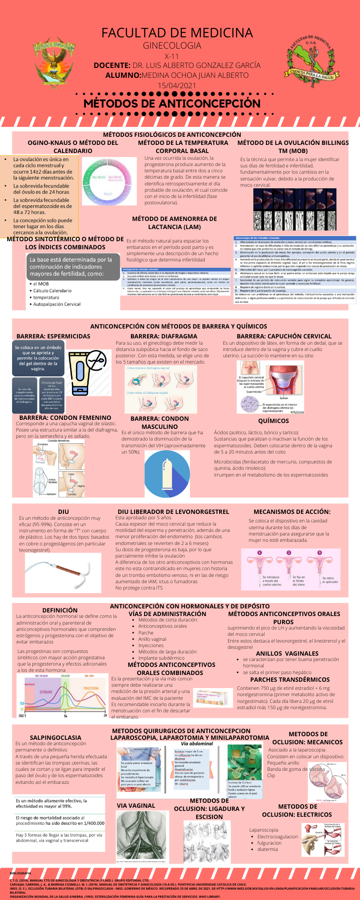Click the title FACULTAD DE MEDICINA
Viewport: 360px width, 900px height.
tap(177, 33)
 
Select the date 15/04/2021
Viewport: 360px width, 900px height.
tap(177, 85)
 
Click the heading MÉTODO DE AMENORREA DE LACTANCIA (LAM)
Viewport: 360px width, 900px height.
tap(175, 223)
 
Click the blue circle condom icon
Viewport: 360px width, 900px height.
tap(167, 473)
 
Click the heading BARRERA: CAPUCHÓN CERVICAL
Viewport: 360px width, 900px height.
tap(284, 336)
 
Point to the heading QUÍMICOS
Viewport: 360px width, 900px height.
tap(274, 421)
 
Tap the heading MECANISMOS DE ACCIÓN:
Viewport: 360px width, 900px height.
tap(292, 512)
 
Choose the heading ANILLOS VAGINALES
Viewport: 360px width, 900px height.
tap(287, 653)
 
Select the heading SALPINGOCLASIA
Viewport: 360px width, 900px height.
tap(55, 738)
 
